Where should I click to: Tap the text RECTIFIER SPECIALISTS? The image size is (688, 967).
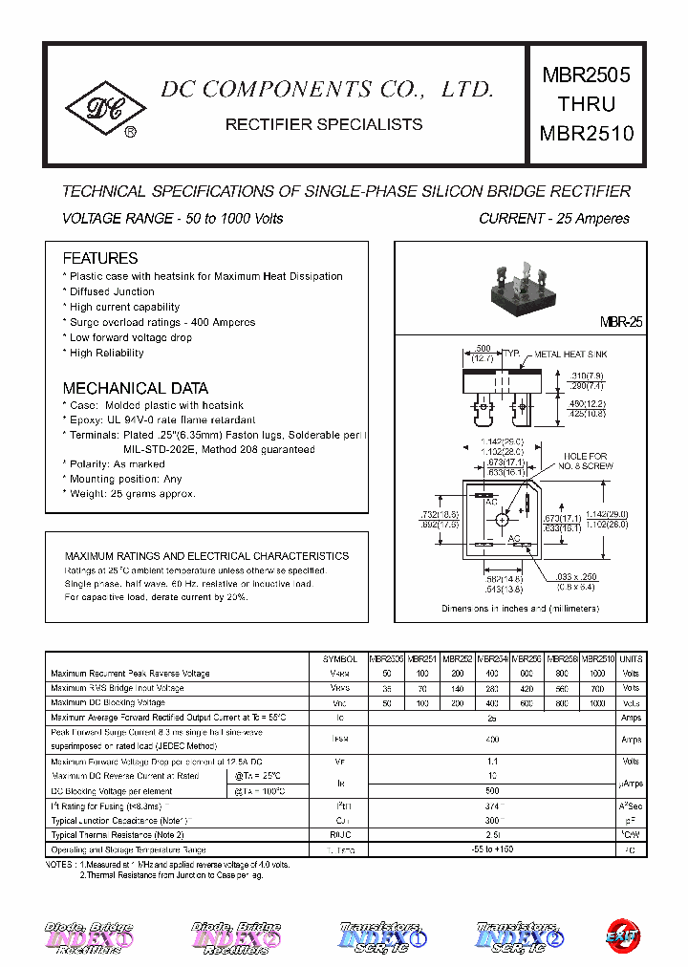(x=323, y=124)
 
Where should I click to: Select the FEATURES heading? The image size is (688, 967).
(x=99, y=258)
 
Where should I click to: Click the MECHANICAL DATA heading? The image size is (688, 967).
(x=135, y=389)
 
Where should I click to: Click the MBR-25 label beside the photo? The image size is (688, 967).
(x=620, y=323)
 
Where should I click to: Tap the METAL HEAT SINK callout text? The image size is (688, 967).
(x=570, y=355)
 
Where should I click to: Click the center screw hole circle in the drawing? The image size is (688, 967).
(x=501, y=519)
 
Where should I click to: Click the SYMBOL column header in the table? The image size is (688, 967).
(x=339, y=659)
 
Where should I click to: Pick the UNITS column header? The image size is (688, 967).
(x=631, y=659)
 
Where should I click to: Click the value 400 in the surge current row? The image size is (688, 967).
(x=492, y=739)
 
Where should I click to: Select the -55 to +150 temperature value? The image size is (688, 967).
(x=492, y=849)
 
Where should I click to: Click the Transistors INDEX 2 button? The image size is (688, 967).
(x=520, y=937)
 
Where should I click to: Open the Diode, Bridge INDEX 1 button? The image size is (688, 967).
(x=89, y=937)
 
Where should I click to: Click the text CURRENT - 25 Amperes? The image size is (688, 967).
(x=553, y=219)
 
